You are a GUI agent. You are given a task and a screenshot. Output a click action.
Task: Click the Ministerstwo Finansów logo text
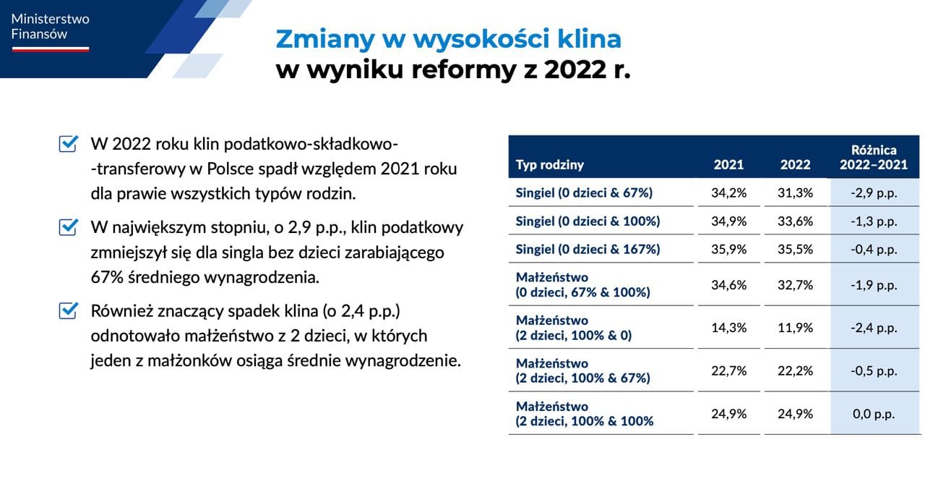pos(50,27)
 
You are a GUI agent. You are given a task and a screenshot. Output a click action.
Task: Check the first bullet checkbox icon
pos(68,143)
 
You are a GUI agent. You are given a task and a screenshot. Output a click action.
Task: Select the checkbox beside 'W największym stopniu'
pos(68,227)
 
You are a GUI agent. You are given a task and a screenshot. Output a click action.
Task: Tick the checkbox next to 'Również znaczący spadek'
pos(68,310)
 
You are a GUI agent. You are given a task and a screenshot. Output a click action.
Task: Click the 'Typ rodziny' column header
pos(550,165)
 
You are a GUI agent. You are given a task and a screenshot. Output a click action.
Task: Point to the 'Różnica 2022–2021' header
pos(874,157)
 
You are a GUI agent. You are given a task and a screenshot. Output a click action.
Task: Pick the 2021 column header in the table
pos(729,164)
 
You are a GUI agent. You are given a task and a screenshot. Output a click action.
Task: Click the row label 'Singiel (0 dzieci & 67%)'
pos(584,192)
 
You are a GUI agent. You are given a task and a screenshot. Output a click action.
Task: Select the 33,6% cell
pos(796,221)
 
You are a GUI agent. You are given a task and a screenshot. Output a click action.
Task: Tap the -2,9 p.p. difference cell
pos(874,193)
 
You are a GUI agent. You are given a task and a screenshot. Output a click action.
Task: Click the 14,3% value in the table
pos(729,328)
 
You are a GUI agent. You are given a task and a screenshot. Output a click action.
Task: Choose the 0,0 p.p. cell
pos(874,414)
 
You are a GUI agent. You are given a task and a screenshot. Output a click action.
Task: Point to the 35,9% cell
pos(729,250)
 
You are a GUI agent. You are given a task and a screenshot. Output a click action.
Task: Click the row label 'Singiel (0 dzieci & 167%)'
pos(588,250)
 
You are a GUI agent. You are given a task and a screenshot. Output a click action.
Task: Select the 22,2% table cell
pos(796,371)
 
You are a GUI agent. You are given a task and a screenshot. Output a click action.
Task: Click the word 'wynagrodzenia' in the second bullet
pos(262,278)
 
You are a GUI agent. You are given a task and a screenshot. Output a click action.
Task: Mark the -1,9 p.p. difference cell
pos(874,285)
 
